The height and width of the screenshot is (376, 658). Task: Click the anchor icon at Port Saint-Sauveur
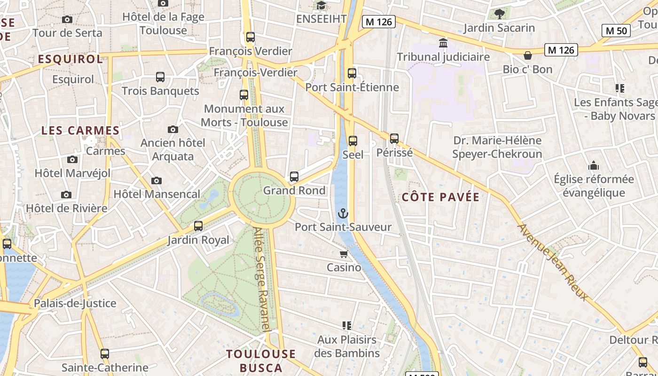(343, 214)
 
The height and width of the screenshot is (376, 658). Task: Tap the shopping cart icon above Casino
(344, 254)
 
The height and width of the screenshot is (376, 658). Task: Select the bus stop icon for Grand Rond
(294, 177)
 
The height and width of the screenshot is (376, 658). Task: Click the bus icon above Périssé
(394, 139)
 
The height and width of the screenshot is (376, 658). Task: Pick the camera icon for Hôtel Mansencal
(157, 180)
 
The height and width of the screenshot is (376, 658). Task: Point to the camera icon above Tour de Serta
(67, 19)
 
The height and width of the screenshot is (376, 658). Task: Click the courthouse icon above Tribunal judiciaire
(443, 43)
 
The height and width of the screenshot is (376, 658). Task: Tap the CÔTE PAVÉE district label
(441, 197)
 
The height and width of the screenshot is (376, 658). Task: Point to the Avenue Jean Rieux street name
(553, 262)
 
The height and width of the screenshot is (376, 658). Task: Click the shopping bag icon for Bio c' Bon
(528, 55)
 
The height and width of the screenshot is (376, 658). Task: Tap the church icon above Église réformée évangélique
(594, 165)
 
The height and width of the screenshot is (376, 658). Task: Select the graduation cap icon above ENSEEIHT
(321, 6)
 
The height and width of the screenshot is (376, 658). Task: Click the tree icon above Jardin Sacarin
(499, 14)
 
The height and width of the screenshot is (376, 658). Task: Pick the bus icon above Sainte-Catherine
(105, 354)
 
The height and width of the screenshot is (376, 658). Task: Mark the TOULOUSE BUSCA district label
(261, 360)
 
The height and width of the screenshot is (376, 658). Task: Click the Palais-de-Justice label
(75, 303)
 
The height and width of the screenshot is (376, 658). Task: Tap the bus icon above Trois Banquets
(160, 77)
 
